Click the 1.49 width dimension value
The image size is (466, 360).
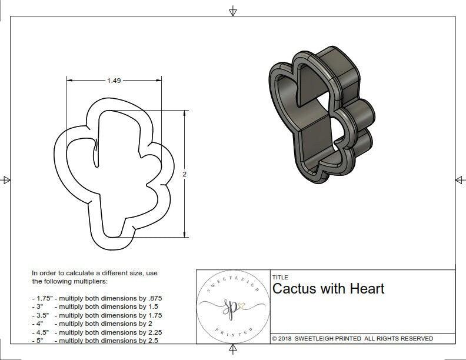(x=114, y=81)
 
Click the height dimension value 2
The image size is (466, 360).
(x=185, y=174)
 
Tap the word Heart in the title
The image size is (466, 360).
(x=367, y=289)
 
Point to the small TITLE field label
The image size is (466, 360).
(x=281, y=278)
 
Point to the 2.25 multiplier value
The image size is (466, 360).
(x=151, y=332)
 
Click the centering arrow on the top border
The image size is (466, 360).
(x=234, y=11)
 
